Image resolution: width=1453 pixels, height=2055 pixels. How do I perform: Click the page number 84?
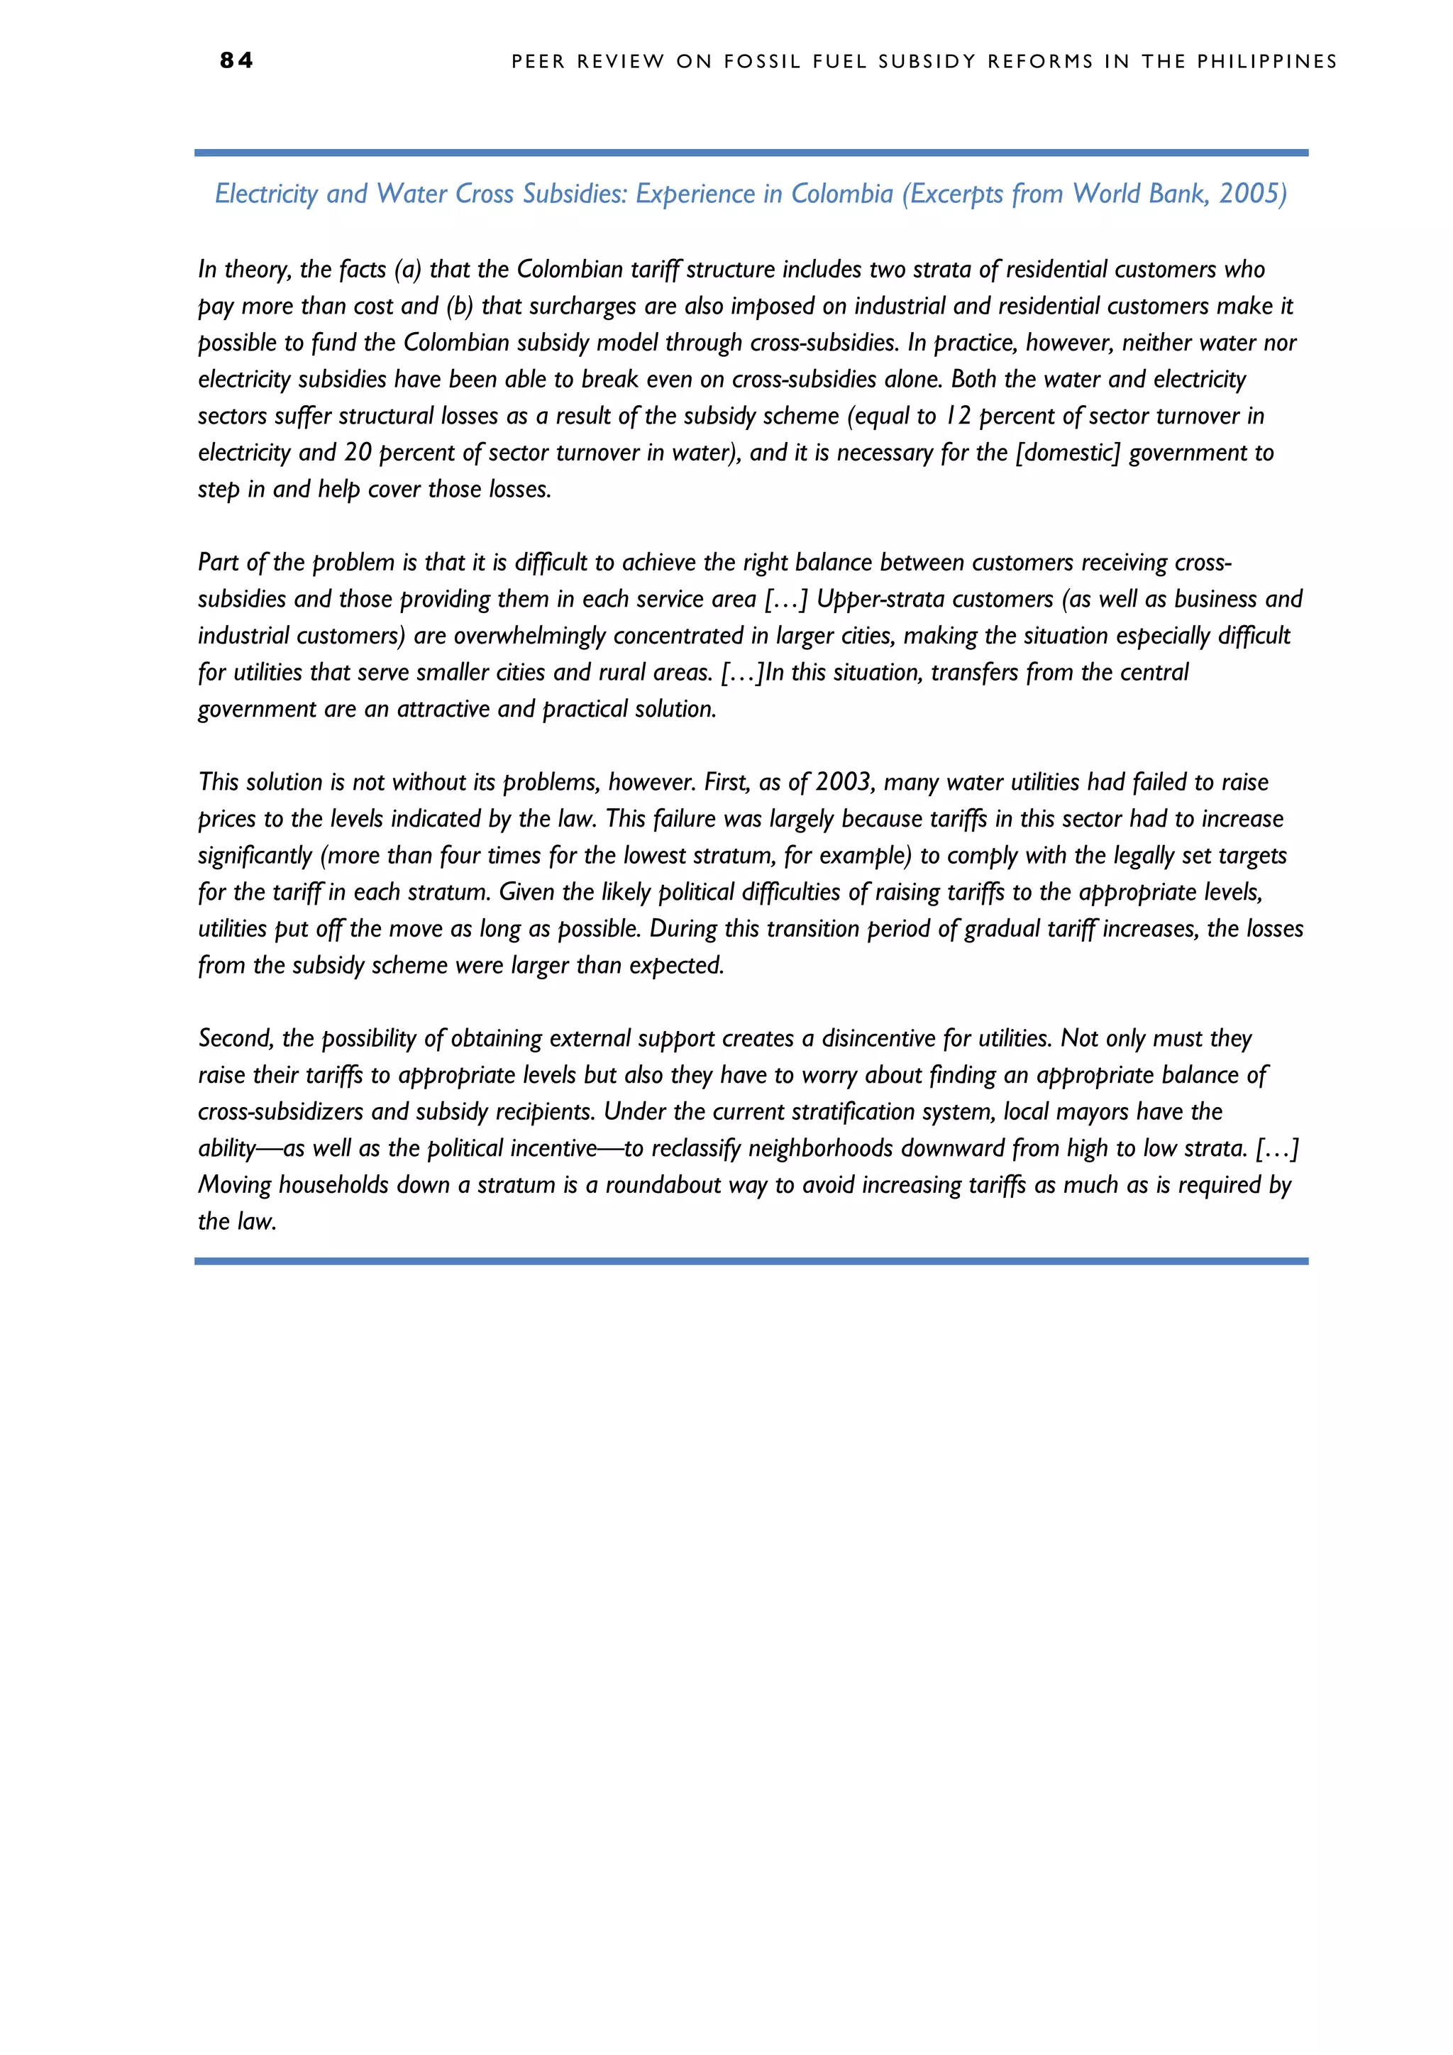[x=236, y=61]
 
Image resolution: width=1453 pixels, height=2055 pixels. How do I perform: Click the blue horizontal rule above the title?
[x=751, y=153]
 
